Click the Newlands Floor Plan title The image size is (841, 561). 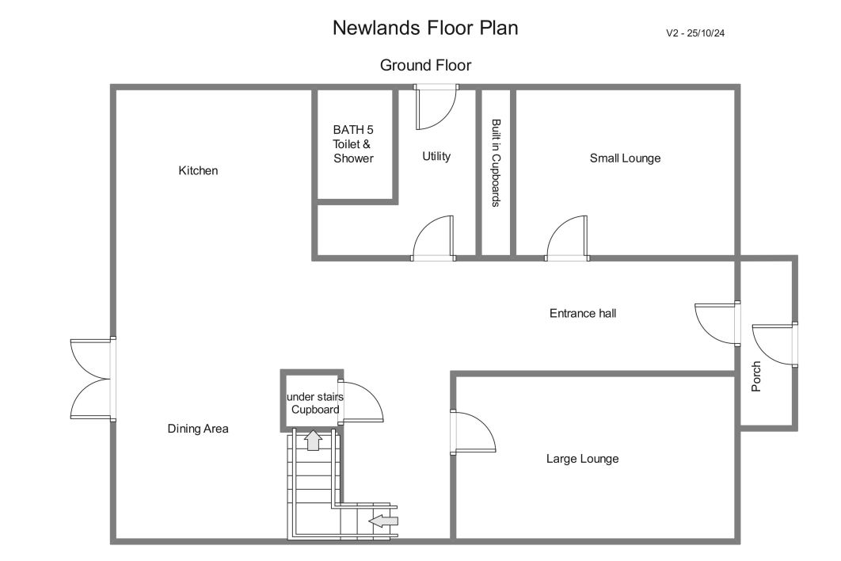(425, 28)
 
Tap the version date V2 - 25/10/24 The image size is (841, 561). (695, 33)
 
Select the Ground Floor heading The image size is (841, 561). (425, 66)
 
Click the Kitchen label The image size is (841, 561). (198, 170)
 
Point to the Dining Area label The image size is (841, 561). (198, 429)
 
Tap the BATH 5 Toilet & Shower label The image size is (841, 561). (353, 144)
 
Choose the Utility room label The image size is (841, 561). (436, 156)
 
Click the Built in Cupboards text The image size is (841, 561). (496, 162)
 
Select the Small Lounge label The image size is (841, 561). (625, 158)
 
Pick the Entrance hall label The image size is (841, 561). (583, 314)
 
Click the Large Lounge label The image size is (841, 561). (583, 459)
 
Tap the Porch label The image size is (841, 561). (755, 376)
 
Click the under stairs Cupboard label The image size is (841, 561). (315, 403)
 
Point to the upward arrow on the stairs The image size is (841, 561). (314, 441)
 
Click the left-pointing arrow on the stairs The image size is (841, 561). (383, 521)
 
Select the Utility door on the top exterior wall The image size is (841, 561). (436, 108)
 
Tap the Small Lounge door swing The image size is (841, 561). (567, 238)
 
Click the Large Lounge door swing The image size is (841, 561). (473, 433)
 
